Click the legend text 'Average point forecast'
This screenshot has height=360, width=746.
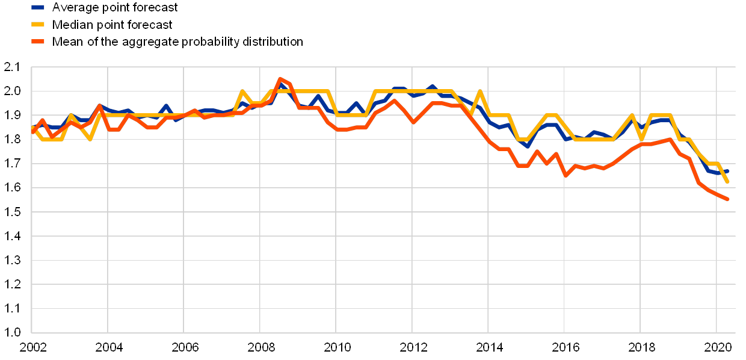tap(114, 8)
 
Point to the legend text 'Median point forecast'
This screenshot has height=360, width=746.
tap(113, 25)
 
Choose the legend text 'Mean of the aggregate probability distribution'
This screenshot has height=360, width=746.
tap(177, 42)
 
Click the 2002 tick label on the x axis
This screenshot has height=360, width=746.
tap(32, 347)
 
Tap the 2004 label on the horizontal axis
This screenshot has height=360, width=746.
tap(108, 347)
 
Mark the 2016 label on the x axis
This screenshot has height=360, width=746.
tap(565, 347)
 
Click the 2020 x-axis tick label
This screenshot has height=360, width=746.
tap(717, 347)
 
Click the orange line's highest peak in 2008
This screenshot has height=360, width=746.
tap(280, 79)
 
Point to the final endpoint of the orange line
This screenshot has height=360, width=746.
tap(727, 199)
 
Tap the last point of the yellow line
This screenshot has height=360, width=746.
tap(727, 181)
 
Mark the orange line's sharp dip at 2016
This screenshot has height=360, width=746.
tap(565, 175)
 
